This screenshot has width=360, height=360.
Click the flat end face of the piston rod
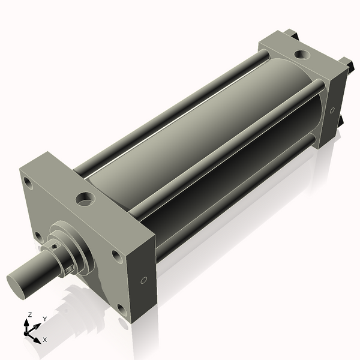18,283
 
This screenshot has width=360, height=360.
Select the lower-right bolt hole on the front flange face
122,310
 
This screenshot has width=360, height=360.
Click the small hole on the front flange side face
144,280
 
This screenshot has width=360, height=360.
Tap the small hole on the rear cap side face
332,110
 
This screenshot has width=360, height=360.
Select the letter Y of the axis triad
44,319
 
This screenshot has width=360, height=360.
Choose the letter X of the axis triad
44,340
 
